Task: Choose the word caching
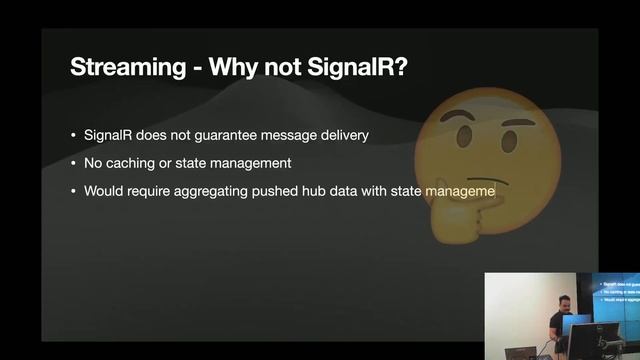tap(131, 163)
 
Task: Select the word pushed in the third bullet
tap(277, 190)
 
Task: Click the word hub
tap(314, 190)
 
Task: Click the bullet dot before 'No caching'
tap(73, 163)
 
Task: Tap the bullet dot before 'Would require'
tap(73, 190)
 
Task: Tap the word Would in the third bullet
tap(102, 190)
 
